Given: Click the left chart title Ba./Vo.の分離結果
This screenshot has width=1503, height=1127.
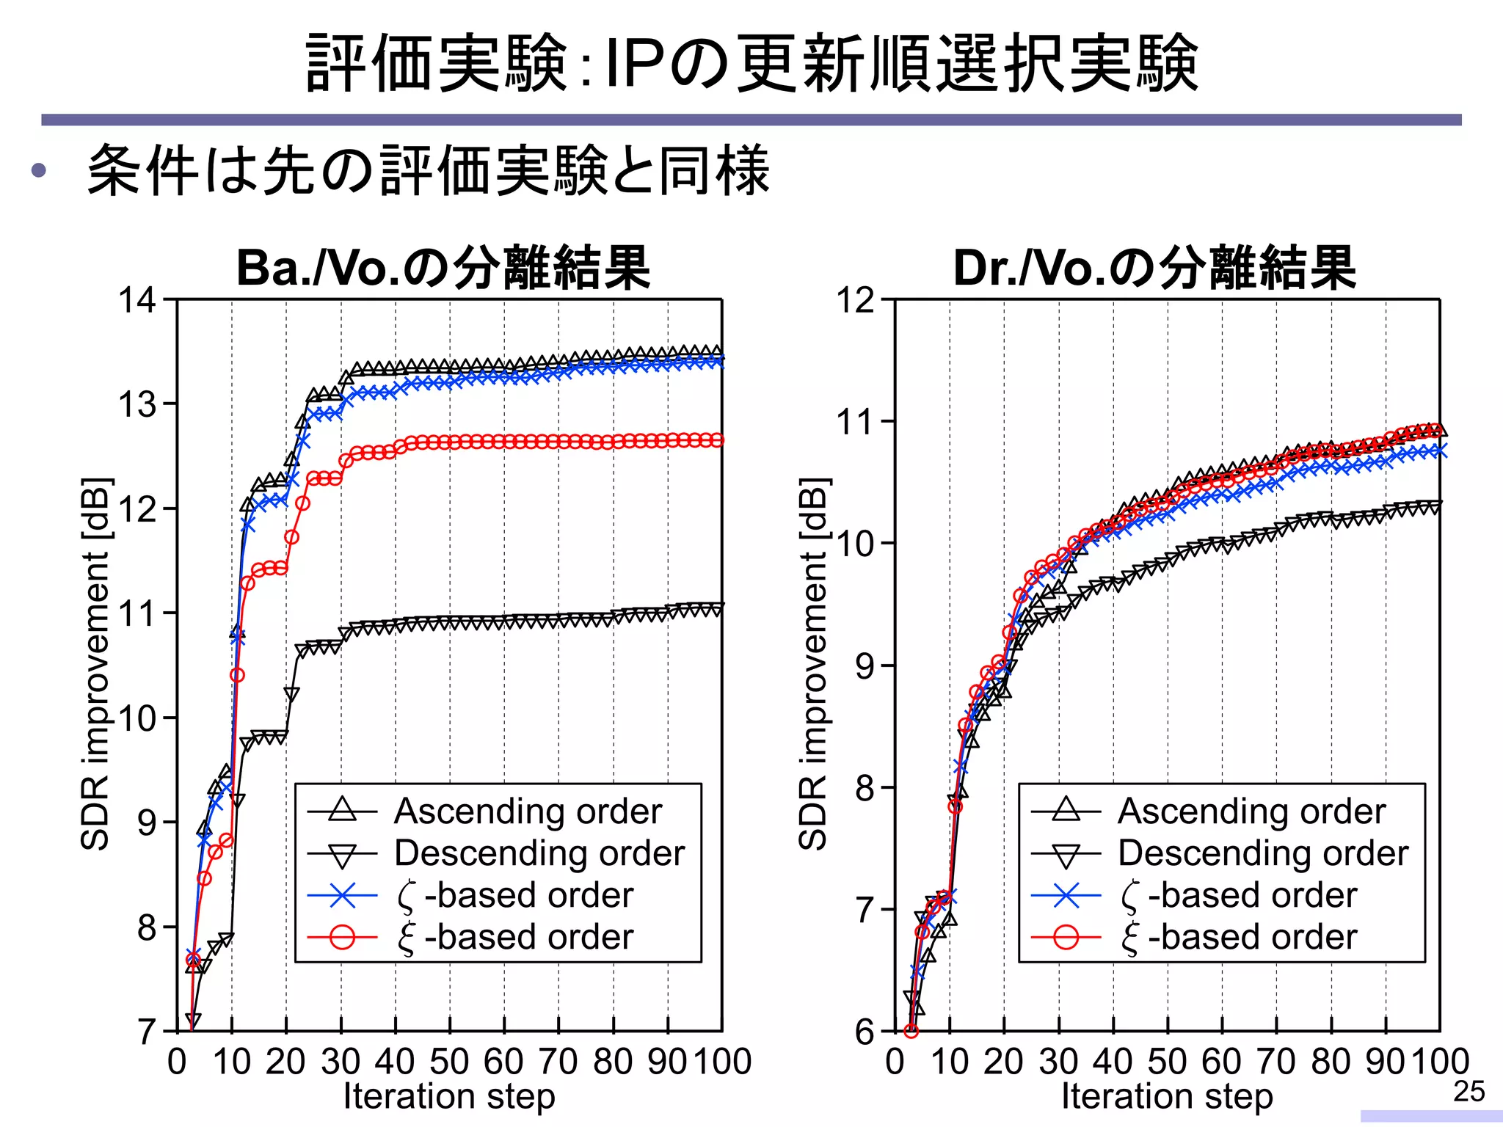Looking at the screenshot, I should [x=443, y=269].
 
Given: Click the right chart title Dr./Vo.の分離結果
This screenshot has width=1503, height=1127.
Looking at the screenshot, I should [x=1154, y=269].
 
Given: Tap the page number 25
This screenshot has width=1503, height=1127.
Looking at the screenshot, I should [x=1469, y=1092].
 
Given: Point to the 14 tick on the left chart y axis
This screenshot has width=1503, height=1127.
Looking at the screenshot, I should [x=137, y=300].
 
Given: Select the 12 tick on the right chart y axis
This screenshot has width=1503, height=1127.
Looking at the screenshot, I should [x=855, y=300].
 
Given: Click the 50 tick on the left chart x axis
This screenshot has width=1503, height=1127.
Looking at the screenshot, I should [x=449, y=1062].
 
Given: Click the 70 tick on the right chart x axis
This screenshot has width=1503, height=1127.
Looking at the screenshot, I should [x=1276, y=1062].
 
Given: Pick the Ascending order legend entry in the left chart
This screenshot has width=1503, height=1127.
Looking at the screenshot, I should [x=528, y=811].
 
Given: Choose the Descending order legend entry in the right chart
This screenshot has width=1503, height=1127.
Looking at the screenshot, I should [x=1262, y=853].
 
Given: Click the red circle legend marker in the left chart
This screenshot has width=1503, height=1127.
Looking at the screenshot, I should [x=342, y=937].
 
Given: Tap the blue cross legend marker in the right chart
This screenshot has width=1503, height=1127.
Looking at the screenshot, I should [x=1066, y=895].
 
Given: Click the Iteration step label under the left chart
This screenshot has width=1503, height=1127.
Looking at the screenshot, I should [x=449, y=1097].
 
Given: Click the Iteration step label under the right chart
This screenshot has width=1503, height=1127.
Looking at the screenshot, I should [x=1167, y=1097].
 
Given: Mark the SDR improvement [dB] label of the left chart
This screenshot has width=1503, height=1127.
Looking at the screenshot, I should [x=95, y=664].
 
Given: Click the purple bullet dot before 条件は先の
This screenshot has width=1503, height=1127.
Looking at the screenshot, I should [x=39, y=171].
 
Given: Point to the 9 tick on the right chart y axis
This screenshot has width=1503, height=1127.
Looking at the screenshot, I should [x=865, y=666].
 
